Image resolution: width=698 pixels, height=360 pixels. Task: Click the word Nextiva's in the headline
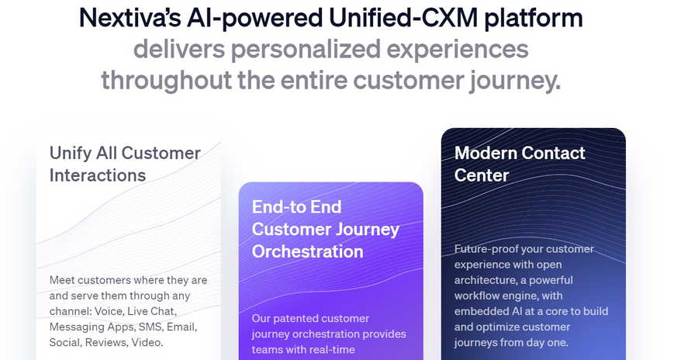(130, 19)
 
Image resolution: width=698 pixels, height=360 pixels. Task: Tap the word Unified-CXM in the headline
(403, 19)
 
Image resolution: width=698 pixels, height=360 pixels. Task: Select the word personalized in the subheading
(306, 49)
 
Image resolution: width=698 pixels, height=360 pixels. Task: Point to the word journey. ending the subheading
(515, 81)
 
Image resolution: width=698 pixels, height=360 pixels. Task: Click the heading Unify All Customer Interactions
(125, 164)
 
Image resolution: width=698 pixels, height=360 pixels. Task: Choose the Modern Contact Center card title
(520, 164)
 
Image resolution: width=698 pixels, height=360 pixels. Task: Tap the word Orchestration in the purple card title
(308, 251)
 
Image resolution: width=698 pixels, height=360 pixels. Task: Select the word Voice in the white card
(108, 311)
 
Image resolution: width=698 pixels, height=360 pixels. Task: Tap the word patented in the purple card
(292, 319)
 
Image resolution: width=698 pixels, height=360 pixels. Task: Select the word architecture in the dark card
(484, 280)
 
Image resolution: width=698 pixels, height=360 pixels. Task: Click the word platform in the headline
(534, 19)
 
